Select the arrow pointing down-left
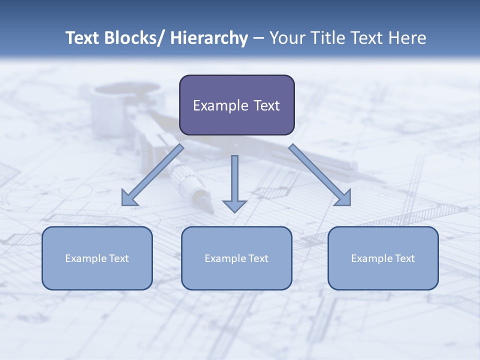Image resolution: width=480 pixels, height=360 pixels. [152, 175]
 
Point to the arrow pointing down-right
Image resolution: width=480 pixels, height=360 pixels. [320, 175]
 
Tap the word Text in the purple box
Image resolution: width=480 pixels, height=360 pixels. [266, 105]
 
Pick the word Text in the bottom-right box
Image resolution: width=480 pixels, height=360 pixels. [404, 258]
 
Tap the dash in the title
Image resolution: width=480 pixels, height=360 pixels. [258, 38]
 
